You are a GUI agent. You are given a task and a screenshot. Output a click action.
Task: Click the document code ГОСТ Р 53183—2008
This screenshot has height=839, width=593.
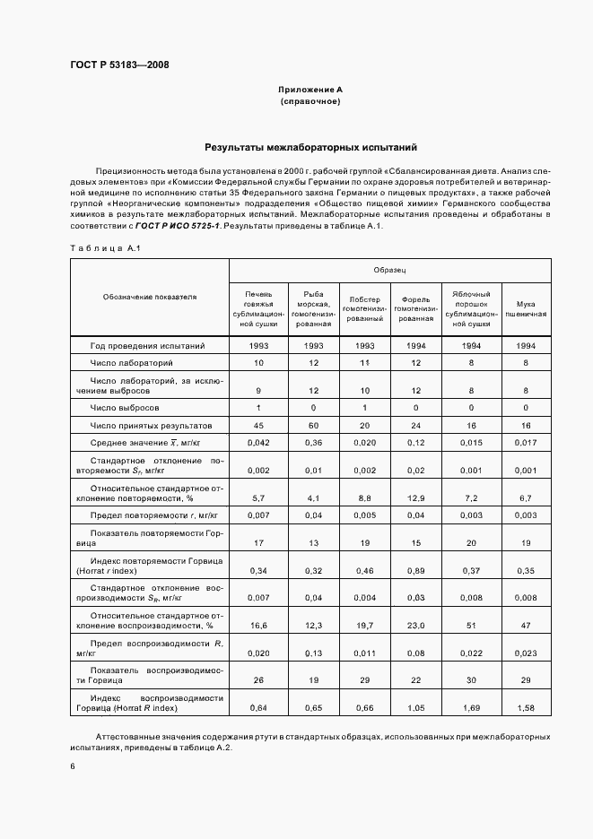click(x=119, y=65)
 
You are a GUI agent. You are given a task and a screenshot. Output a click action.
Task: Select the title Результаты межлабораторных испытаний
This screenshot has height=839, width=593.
click(x=310, y=147)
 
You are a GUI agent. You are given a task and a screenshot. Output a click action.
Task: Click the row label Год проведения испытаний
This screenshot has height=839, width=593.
click(x=147, y=345)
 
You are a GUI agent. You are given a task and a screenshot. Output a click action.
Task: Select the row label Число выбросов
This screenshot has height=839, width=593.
click(x=125, y=408)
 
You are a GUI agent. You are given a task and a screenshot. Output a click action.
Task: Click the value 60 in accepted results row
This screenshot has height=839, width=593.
click(x=314, y=425)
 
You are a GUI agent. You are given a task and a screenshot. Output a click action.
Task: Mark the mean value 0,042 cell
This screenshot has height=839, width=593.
click(x=258, y=444)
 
